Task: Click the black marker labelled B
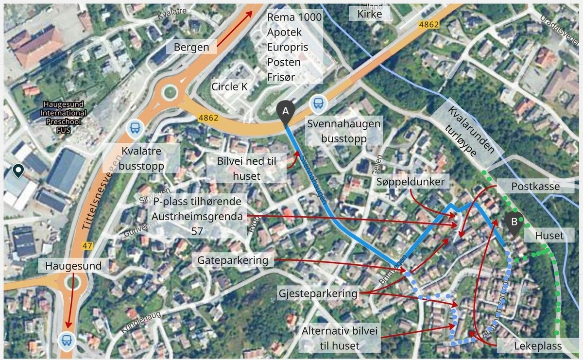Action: tap(514, 223)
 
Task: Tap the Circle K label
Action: tap(229, 87)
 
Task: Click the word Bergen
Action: tap(191, 47)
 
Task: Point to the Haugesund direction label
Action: tap(73, 266)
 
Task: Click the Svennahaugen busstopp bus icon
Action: tap(318, 103)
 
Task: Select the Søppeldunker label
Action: tap(411, 182)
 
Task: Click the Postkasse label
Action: tap(535, 187)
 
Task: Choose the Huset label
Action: tap(549, 236)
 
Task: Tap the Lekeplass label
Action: tap(538, 346)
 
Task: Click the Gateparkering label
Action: tap(233, 260)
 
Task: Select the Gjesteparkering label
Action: tap(318, 293)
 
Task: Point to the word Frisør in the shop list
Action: tap(281, 77)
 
